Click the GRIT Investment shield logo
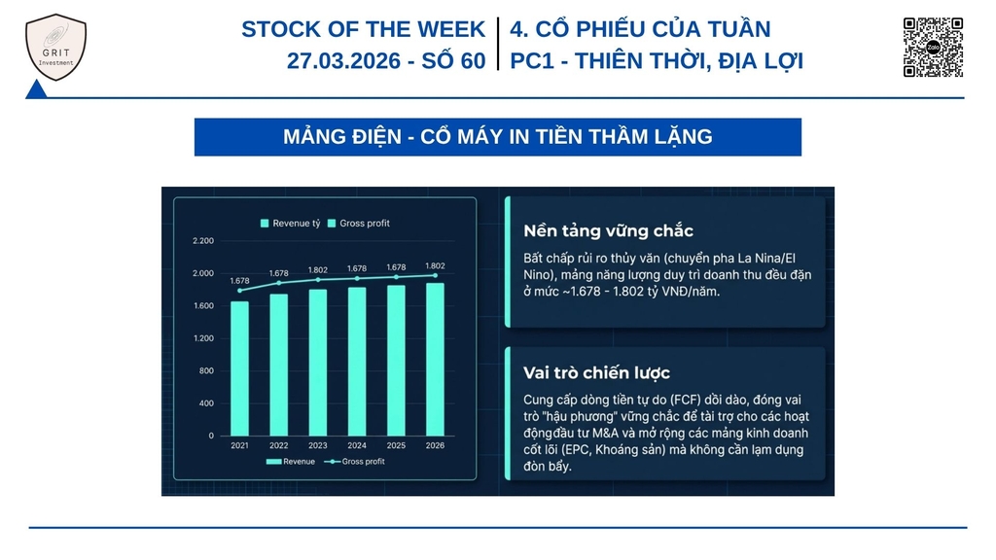click(55, 48)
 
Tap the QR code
click(933, 47)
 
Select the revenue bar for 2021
click(239, 368)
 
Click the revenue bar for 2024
click(357, 362)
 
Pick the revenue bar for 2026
click(435, 360)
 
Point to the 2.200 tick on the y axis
click(203, 241)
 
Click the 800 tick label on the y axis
click(206, 370)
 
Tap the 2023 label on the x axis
click(318, 445)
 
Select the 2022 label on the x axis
click(279, 445)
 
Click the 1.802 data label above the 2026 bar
click(435, 266)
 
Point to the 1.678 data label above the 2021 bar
click(239, 281)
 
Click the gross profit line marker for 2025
click(397, 277)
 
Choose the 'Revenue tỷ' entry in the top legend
click(290, 224)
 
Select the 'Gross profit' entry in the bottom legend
click(354, 462)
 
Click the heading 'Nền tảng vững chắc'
click(608, 231)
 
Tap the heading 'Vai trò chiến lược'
click(596, 372)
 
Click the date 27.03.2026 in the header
click(343, 61)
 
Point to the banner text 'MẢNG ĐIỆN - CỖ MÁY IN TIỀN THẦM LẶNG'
click(498, 137)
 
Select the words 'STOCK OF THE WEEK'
click(364, 29)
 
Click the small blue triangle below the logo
click(36, 90)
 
